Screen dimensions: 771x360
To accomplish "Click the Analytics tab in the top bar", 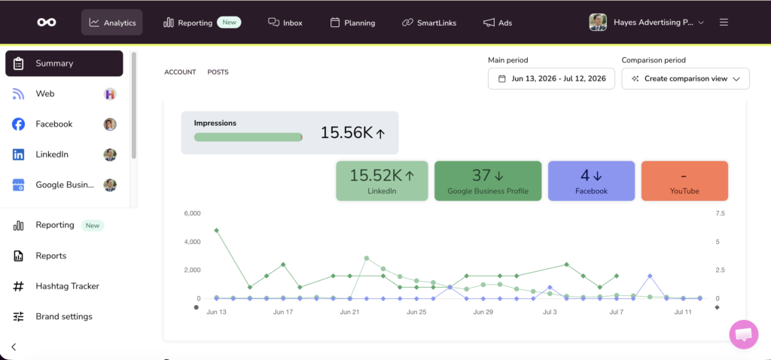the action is pyautogui.click(x=111, y=23).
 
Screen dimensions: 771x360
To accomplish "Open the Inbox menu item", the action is pyautogui.click(x=285, y=23).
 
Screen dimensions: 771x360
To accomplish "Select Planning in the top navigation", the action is pyautogui.click(x=352, y=23).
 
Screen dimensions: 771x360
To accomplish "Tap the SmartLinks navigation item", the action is pyautogui.click(x=429, y=23).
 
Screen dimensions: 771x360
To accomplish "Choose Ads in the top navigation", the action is pyautogui.click(x=498, y=23).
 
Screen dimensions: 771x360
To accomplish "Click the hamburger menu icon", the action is pyautogui.click(x=724, y=23).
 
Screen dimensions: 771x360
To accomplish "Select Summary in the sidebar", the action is pyautogui.click(x=65, y=63).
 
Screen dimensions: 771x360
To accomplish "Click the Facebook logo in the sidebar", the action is pyautogui.click(x=18, y=124).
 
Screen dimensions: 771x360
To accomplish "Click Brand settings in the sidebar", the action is pyautogui.click(x=65, y=317).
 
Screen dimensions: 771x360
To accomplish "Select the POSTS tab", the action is pyautogui.click(x=218, y=72).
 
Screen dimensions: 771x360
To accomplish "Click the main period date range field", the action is pyautogui.click(x=551, y=78).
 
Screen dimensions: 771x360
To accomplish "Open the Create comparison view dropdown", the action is pyautogui.click(x=685, y=78).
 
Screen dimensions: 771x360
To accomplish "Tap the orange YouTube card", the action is pyautogui.click(x=684, y=181).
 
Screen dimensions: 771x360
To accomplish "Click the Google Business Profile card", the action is pyautogui.click(x=488, y=181).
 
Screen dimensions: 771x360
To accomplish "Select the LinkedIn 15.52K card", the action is pyautogui.click(x=382, y=181).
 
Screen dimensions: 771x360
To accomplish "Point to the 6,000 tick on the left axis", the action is pyautogui.click(x=192, y=213).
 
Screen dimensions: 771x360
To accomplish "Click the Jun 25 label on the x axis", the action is pyautogui.click(x=416, y=312).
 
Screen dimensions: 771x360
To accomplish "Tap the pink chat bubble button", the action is pyautogui.click(x=743, y=334).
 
